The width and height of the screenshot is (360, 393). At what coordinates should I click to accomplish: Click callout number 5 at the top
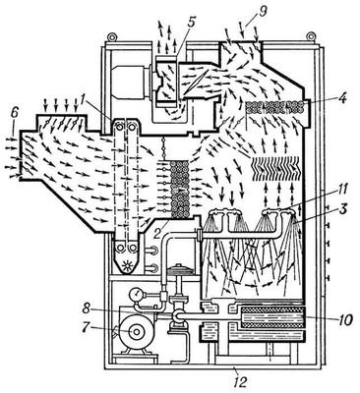(x=191, y=22)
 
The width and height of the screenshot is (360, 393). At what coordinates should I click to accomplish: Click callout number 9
(x=263, y=12)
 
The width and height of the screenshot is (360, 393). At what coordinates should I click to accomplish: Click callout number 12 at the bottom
(x=241, y=382)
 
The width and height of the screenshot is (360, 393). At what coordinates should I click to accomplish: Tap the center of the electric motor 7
(x=135, y=332)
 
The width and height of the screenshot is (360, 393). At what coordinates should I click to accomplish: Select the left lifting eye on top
(x=111, y=36)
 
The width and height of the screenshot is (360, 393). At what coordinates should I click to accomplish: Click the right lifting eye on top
(x=311, y=36)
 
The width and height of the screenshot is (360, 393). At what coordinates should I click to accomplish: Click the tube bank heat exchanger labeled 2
(x=181, y=189)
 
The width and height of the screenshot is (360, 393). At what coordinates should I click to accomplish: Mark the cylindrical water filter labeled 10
(x=271, y=317)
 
